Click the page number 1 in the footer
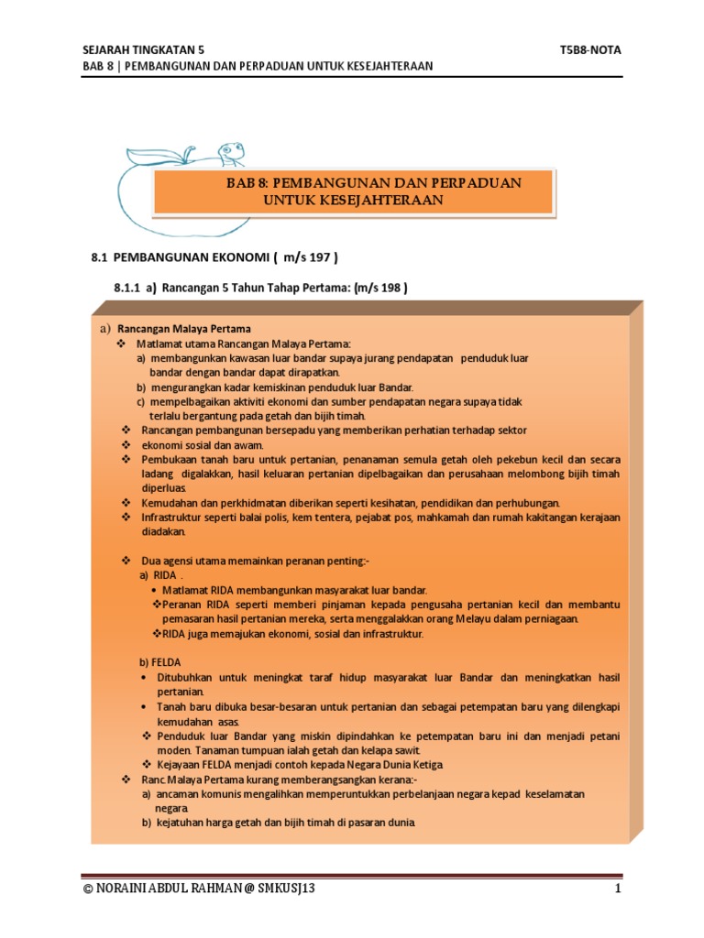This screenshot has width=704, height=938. click(x=619, y=889)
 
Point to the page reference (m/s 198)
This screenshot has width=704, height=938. click(x=373, y=288)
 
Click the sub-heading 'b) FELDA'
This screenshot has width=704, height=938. click(x=159, y=660)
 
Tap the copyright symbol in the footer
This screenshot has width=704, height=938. click(x=87, y=889)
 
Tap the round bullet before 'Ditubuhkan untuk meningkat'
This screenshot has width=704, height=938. click(x=148, y=677)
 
